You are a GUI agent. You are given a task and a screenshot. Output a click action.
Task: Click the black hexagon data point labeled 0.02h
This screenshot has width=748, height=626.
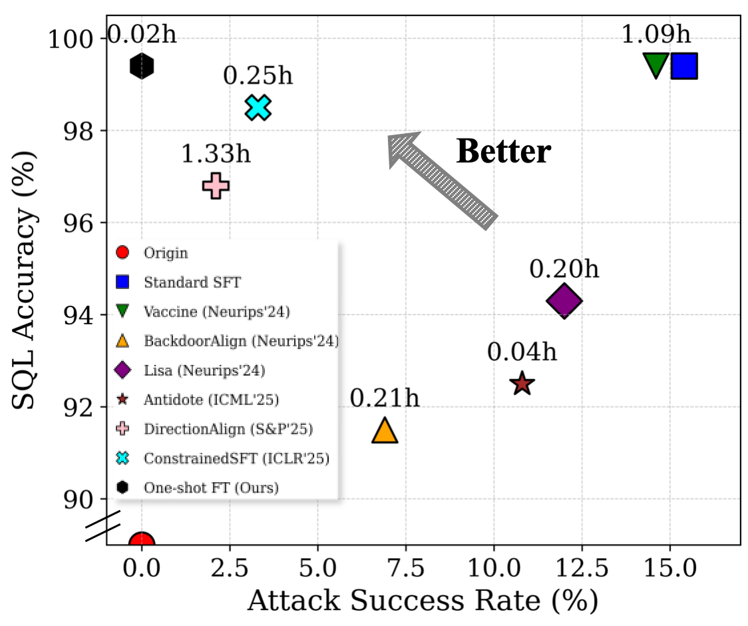click(142, 66)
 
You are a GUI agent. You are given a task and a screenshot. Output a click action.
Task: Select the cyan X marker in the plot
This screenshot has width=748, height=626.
click(258, 107)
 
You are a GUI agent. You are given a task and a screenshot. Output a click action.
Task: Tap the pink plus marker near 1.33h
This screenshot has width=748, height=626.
click(216, 186)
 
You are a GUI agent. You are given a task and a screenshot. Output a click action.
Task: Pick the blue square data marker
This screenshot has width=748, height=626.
click(684, 66)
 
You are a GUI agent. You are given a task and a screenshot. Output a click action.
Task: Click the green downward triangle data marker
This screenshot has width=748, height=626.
click(656, 65)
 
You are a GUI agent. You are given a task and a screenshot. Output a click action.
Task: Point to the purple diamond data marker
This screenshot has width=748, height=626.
click(564, 301)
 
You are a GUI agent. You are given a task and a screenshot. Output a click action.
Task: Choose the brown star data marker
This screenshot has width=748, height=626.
click(522, 383)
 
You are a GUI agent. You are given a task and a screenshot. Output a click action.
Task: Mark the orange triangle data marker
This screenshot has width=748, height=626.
click(385, 431)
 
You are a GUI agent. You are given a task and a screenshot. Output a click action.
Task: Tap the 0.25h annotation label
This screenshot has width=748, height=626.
click(258, 76)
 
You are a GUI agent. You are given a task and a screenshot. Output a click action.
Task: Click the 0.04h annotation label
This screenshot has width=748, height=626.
click(522, 352)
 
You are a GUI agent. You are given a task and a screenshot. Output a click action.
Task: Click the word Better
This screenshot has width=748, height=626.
click(503, 152)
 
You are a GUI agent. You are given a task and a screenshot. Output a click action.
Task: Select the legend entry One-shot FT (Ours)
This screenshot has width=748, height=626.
click(210, 487)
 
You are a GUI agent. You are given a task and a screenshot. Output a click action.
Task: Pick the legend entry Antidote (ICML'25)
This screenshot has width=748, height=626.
click(210, 400)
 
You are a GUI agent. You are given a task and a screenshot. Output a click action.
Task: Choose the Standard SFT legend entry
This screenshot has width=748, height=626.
click(192, 282)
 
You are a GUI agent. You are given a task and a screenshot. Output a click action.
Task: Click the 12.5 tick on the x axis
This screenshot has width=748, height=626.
click(582, 570)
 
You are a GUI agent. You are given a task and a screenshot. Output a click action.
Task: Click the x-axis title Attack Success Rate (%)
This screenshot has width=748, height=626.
click(423, 601)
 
